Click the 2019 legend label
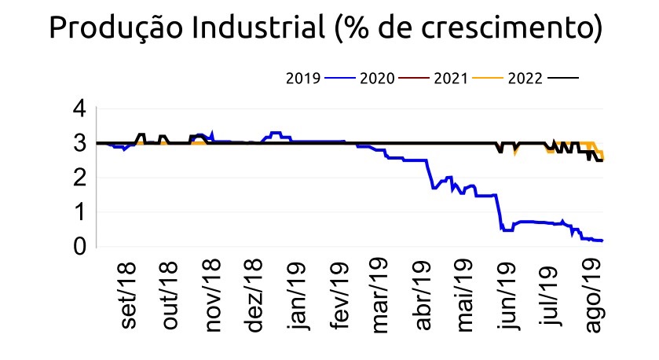[302, 78]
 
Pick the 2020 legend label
[375, 78]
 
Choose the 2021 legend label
[450, 78]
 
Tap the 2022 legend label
[524, 78]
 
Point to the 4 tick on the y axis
[79, 109]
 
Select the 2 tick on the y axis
[79, 178]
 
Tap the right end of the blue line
[602, 241]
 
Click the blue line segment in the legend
[338, 78]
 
